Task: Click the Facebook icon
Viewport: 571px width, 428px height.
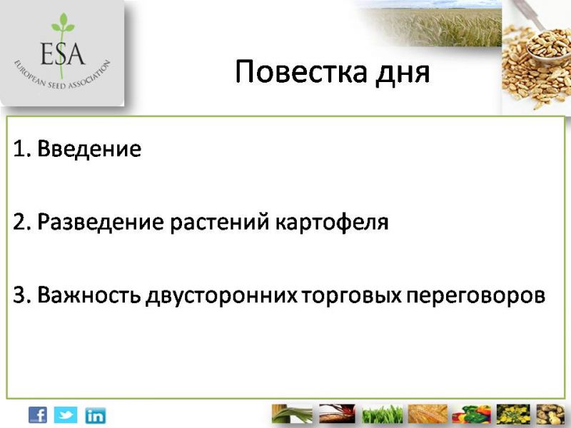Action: [x=38, y=415]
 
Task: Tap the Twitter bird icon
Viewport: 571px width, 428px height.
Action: [x=66, y=415]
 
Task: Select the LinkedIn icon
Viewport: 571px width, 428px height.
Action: [x=96, y=415]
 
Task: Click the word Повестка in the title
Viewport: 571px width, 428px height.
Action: [x=301, y=71]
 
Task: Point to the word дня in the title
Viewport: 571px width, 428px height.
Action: [x=403, y=73]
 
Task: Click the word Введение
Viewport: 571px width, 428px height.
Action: [x=89, y=148]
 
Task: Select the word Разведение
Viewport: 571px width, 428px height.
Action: [x=101, y=222]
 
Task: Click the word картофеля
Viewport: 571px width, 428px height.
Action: [x=332, y=223]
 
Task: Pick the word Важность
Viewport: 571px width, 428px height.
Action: [x=89, y=295]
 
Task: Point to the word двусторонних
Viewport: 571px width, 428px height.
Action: [x=221, y=296]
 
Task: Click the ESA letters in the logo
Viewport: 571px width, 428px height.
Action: [x=63, y=53]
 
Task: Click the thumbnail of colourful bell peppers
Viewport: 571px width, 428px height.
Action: [x=472, y=414]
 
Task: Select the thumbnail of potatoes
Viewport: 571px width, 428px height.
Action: [x=550, y=414]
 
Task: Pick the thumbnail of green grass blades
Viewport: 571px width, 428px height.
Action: [x=383, y=414]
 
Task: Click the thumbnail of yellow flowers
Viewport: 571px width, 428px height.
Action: [x=513, y=414]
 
